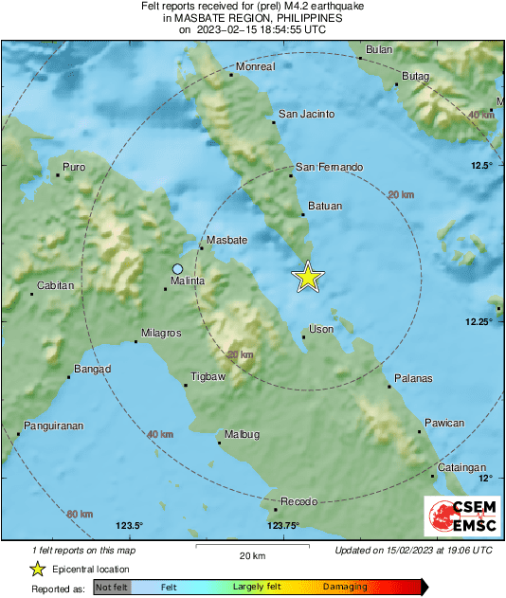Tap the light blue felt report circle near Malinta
(x=177, y=268)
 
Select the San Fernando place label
(x=329, y=167)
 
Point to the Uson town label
(x=322, y=329)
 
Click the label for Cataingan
(x=461, y=467)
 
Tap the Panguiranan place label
(x=54, y=426)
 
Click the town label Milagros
(x=162, y=333)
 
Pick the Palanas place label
(x=413, y=378)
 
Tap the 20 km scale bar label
(x=251, y=555)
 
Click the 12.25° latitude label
(x=481, y=322)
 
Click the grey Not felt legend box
(x=112, y=588)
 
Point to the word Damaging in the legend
(x=345, y=588)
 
